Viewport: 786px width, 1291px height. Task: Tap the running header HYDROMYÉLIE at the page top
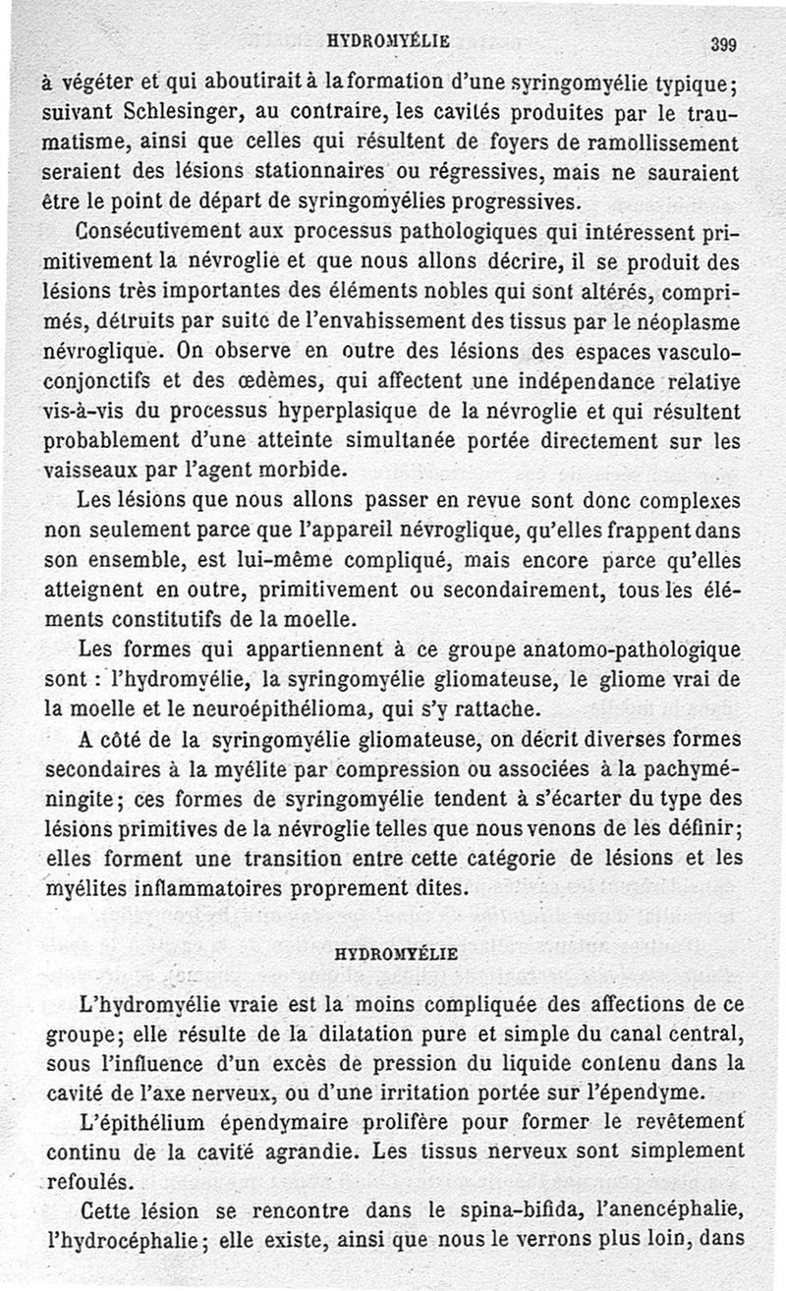(x=388, y=40)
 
